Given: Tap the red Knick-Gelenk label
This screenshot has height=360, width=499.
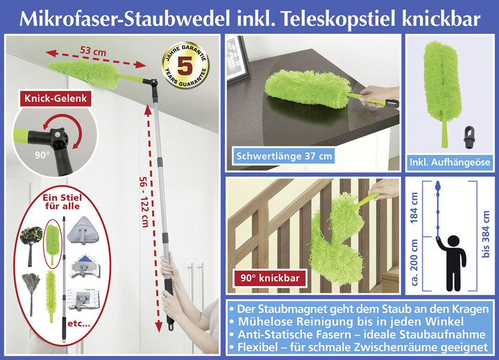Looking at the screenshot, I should pyautogui.click(x=55, y=99).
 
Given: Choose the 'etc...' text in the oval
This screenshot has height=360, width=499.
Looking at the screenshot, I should pyautogui.click(x=80, y=324).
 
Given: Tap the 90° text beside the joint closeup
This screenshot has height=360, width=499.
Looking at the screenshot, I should pyautogui.click(x=22, y=154).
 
